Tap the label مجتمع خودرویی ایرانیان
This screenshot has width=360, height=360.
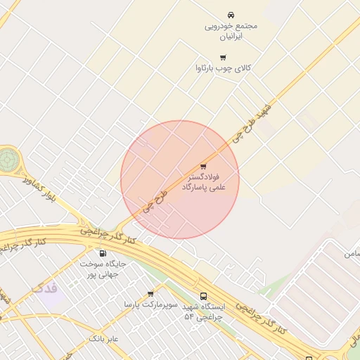[x=231, y=30]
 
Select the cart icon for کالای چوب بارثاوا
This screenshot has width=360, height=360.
[x=223, y=58]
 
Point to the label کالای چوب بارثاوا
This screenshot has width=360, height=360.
[x=223, y=69]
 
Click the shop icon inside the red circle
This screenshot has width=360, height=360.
[x=203, y=167]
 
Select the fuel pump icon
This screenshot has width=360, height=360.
[x=103, y=254]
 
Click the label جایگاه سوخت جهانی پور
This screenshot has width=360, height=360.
[x=102, y=269]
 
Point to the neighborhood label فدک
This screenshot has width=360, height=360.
[x=45, y=288]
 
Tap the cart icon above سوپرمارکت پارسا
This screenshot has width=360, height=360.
[x=150, y=294]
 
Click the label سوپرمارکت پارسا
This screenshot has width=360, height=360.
[x=148, y=304]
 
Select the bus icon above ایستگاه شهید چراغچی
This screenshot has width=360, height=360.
[x=204, y=296]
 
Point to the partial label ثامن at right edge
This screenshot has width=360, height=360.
[x=352, y=252]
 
